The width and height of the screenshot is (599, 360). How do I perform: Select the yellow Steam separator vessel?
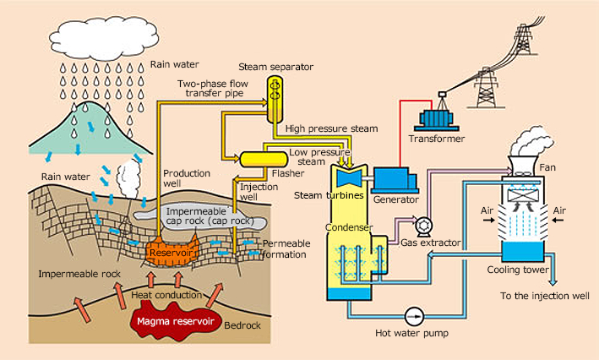tap(275, 98)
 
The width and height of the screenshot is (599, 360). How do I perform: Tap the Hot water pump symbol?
tap(414, 315)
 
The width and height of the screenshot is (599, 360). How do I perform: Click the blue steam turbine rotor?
tap(347, 178)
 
